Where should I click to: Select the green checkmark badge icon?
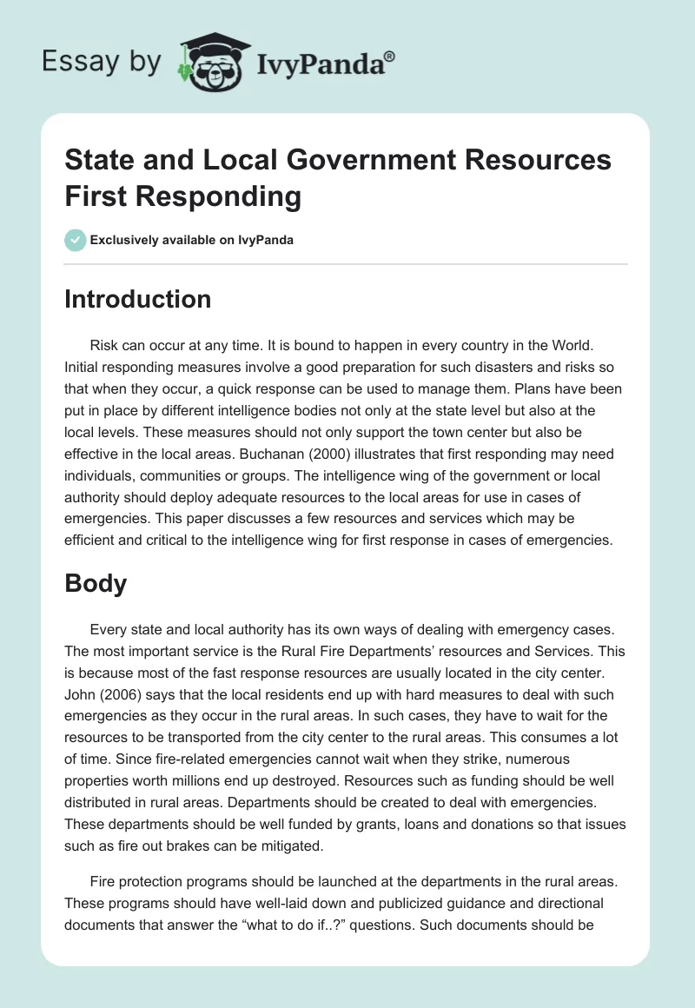tap(76, 240)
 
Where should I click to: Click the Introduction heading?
tap(138, 300)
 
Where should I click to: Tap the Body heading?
tap(96, 584)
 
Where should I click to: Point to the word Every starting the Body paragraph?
tap(110, 628)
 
